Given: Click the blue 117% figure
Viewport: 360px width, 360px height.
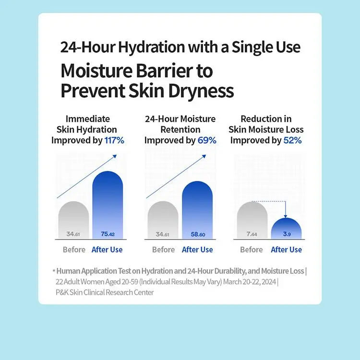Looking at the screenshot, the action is click(x=114, y=140).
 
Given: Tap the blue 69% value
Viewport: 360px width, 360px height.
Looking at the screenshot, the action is click(x=207, y=140).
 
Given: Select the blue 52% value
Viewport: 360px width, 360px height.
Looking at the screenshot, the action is click(x=292, y=140).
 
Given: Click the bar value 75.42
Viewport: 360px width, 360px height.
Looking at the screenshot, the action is click(x=108, y=234).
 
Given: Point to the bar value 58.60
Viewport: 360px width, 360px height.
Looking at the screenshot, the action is click(x=198, y=234).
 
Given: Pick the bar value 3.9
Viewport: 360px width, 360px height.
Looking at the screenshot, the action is click(x=287, y=234).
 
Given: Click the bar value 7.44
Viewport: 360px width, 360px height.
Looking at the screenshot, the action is click(x=252, y=234).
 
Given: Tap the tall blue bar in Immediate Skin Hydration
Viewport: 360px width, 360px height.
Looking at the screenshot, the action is click(x=108, y=205).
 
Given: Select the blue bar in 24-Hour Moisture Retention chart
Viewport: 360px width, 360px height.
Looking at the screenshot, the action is click(x=197, y=210).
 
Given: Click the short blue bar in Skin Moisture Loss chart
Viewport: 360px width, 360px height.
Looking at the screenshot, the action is click(x=286, y=228).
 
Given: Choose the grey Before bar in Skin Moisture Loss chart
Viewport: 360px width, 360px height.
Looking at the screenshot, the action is click(x=252, y=220).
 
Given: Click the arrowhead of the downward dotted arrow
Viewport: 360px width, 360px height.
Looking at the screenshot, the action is click(x=286, y=216).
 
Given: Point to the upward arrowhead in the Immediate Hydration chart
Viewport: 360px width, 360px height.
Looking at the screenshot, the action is click(x=115, y=156).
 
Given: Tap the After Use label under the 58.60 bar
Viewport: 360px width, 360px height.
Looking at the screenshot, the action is click(x=197, y=250).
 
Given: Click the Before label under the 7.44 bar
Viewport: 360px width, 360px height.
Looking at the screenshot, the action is click(x=252, y=250).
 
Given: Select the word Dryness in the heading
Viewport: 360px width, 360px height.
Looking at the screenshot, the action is click(x=201, y=91).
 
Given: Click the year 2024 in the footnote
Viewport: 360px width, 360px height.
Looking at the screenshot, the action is click(x=269, y=282).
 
